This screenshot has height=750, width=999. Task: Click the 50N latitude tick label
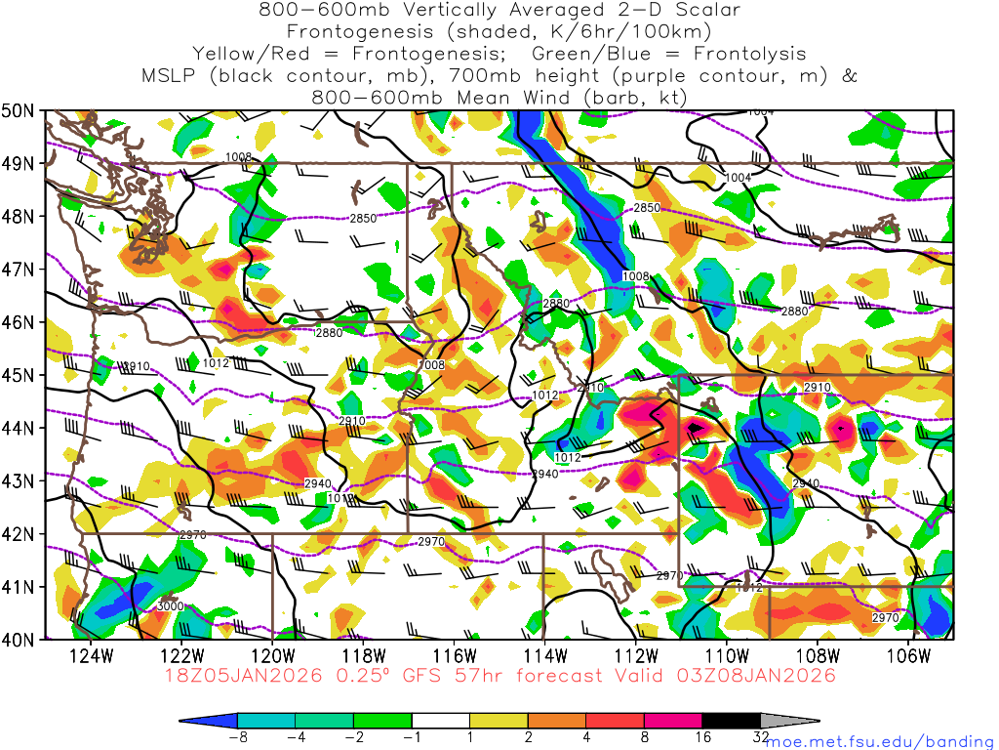[20, 110]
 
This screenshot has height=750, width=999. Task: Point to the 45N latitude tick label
[20, 375]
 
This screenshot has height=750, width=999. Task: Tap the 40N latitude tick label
[20, 640]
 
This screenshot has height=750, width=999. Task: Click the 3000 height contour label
[170, 606]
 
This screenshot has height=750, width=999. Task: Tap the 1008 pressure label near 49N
[238, 157]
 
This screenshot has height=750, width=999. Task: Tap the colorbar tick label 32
[762, 737]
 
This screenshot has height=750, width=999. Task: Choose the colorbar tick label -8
[237, 737]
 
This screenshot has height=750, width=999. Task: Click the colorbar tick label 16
[703, 737]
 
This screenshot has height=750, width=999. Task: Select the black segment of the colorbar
[733, 721]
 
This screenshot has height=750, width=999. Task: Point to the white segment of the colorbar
[441, 721]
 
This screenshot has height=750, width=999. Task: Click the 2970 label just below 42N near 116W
[431, 542]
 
